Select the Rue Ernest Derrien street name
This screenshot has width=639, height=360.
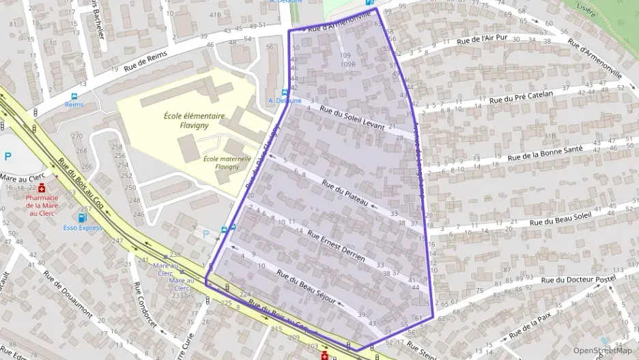[336, 246]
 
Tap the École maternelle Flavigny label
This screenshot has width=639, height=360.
[227, 162]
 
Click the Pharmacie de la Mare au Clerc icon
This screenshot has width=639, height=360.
[42, 187]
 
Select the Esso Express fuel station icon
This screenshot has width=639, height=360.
[83, 217]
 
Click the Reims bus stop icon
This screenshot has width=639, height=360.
[74, 96]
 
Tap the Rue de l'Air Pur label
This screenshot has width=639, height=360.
[485, 42]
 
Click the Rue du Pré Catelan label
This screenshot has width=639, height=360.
[524, 98]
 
